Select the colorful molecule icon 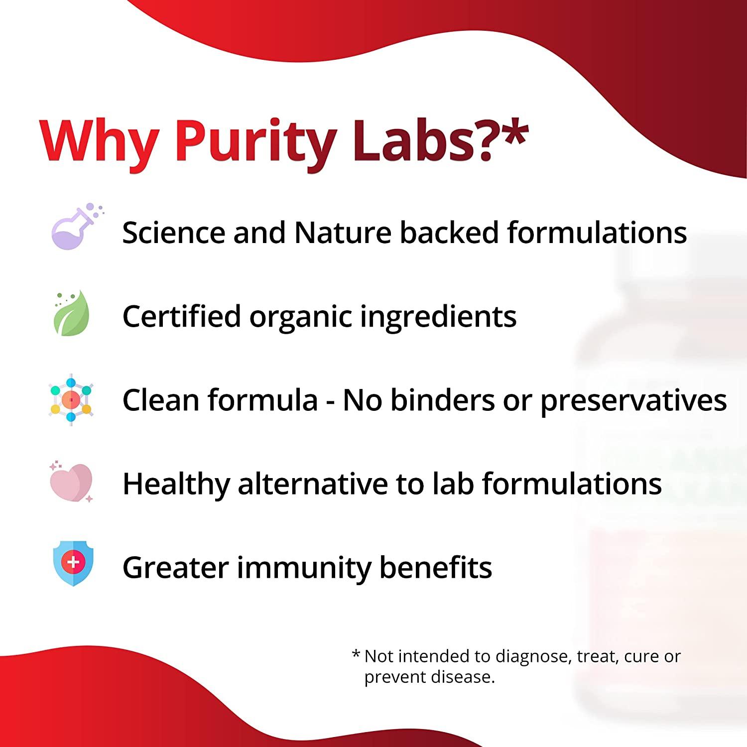click(x=71, y=399)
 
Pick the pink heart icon click(x=71, y=482)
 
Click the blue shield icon click(x=73, y=563)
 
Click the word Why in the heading click(x=100, y=141)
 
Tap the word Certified click(x=181, y=316)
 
